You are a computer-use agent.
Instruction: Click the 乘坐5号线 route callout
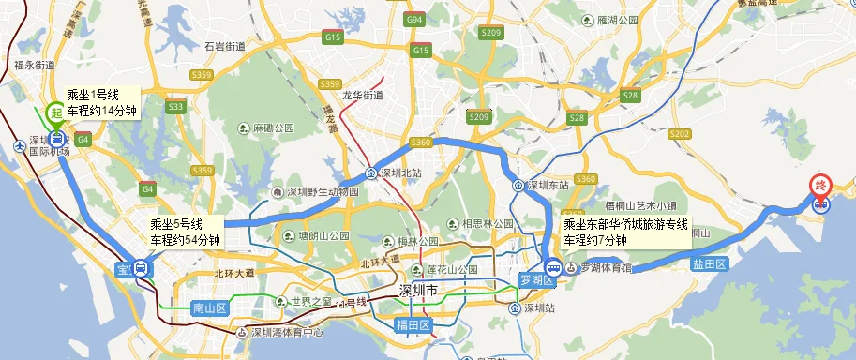(185, 232)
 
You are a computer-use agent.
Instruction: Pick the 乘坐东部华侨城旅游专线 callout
(625, 232)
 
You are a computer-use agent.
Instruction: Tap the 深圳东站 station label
(548, 185)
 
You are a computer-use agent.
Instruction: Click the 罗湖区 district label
(537, 280)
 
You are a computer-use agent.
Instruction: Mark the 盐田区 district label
(710, 265)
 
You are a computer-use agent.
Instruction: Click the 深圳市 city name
(418, 290)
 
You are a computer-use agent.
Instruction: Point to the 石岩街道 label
(224, 46)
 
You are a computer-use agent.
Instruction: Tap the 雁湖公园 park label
(617, 19)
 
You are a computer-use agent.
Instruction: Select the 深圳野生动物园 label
(323, 192)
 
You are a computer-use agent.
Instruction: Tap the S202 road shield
(679, 134)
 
